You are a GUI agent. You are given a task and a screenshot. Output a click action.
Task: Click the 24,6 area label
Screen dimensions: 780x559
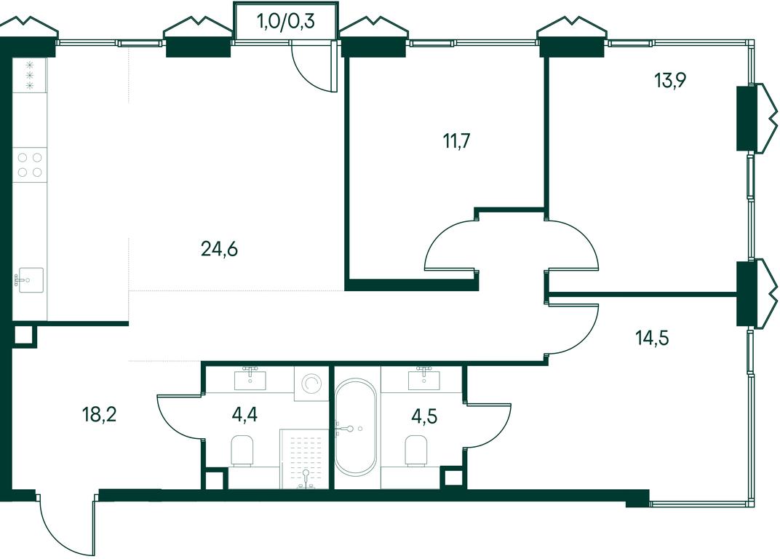220,249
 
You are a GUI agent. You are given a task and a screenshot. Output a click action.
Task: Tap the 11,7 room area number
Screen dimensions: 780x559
456,141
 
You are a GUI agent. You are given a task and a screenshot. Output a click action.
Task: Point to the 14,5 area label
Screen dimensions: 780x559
652,338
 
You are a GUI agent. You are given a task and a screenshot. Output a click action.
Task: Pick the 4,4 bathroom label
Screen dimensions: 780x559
244,414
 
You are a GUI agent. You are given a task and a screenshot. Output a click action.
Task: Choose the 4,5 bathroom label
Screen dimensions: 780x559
424,416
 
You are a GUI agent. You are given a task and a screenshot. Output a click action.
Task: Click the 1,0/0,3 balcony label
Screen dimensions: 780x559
285,21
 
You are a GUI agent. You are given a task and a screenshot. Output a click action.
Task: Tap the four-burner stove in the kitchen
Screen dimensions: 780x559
30,165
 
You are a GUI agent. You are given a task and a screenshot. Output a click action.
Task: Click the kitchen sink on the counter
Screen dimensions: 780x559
30,280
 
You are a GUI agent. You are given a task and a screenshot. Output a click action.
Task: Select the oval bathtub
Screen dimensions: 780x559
355,428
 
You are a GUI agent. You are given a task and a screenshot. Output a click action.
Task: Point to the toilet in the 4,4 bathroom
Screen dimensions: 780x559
243,451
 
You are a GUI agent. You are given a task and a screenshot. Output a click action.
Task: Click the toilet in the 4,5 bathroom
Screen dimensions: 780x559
416,451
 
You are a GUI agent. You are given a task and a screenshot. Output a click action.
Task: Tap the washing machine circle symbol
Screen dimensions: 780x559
311,384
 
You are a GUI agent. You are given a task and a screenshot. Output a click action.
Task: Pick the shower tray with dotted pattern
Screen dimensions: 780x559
304,459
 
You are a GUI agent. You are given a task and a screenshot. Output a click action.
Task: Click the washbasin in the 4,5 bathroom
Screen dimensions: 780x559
423,378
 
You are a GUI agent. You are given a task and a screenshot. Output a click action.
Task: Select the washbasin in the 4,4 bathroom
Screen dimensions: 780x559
250,378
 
